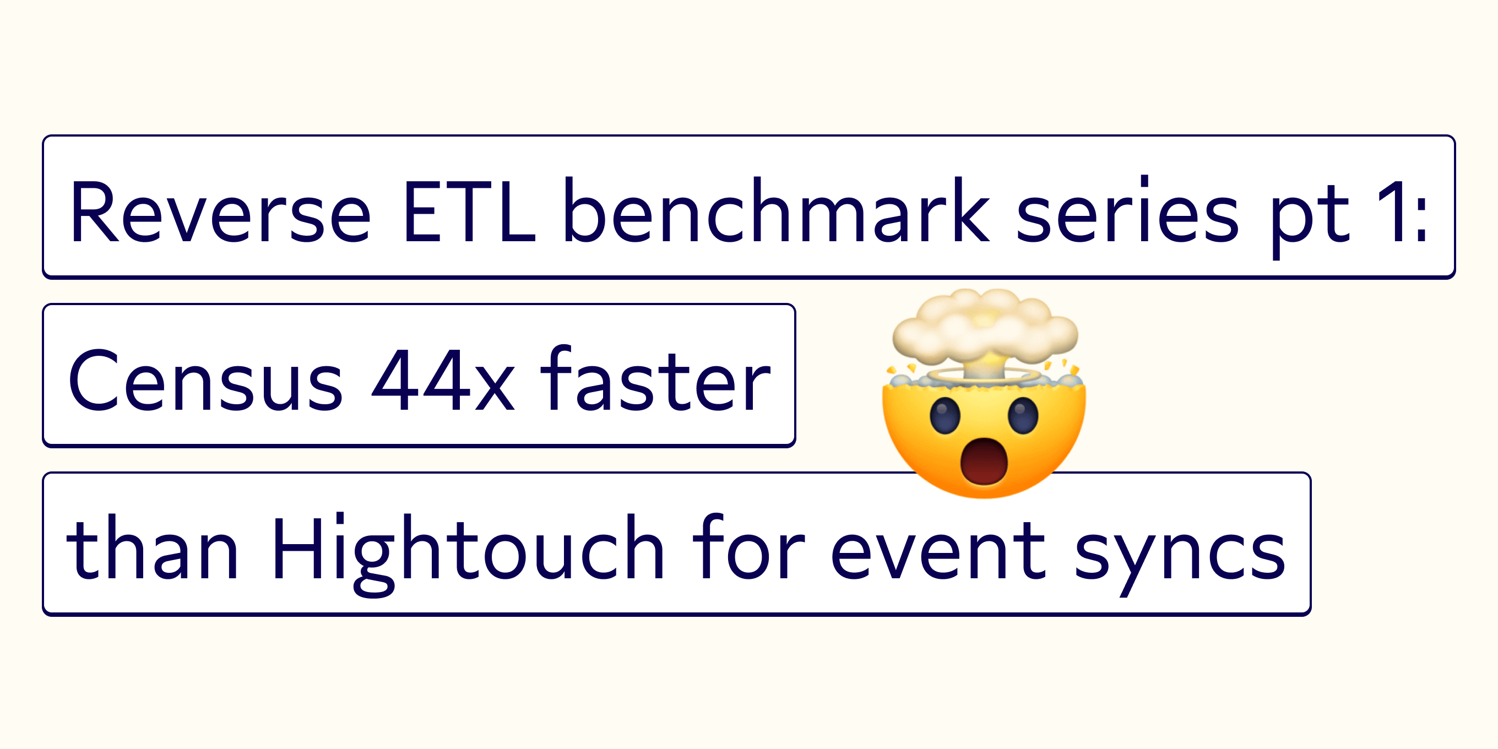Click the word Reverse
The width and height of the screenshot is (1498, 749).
(220, 211)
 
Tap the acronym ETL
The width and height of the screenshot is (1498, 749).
(469, 211)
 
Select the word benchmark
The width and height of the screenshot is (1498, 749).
(776, 209)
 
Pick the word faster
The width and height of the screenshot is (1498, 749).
(655, 377)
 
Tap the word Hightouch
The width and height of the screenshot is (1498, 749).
(468, 554)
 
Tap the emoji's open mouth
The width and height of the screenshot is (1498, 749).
(984, 461)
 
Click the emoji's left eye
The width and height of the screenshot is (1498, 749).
(945, 415)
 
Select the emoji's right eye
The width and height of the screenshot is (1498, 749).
(1023, 415)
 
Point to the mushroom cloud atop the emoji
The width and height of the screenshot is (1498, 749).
(985, 332)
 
